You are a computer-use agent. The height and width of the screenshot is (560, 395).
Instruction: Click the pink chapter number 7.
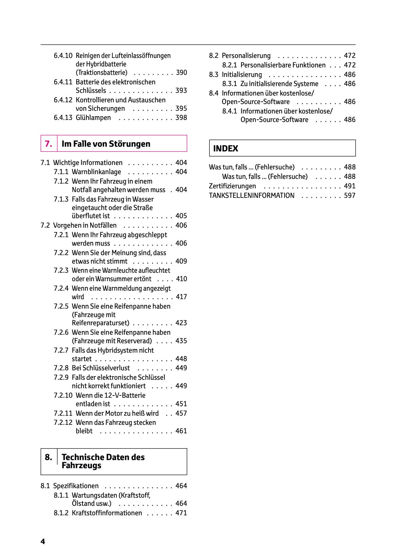click(48, 144)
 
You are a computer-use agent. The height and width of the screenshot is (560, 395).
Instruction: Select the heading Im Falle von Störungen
click(106, 144)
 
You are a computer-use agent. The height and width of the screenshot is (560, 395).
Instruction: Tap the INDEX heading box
click(282, 148)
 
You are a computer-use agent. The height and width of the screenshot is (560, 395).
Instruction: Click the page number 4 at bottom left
click(43, 541)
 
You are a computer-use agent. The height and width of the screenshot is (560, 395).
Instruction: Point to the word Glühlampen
click(93, 118)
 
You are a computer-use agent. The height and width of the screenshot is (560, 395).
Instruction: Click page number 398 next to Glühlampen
click(181, 118)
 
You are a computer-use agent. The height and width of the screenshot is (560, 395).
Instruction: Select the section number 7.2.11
click(63, 413)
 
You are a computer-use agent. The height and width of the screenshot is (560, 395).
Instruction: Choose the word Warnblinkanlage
click(96, 172)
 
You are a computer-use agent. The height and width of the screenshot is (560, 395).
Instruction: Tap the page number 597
click(350, 195)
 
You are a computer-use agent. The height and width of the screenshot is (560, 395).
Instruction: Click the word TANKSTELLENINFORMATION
click(252, 195)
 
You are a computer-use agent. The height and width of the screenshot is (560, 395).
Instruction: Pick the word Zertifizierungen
click(232, 186)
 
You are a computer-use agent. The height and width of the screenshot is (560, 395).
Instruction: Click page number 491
click(350, 186)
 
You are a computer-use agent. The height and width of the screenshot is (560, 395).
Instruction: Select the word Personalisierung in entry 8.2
click(246, 56)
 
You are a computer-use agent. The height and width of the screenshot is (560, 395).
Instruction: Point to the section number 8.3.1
click(230, 84)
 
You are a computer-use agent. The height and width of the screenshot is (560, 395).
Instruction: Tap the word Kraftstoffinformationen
click(107, 513)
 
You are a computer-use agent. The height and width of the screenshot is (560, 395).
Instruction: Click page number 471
click(181, 513)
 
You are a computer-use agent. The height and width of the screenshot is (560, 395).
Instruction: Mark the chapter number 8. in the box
click(48, 457)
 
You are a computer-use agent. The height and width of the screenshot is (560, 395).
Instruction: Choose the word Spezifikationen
click(76, 486)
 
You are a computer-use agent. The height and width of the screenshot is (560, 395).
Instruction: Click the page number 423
click(181, 323)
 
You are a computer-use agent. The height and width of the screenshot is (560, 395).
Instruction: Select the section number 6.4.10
click(63, 56)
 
